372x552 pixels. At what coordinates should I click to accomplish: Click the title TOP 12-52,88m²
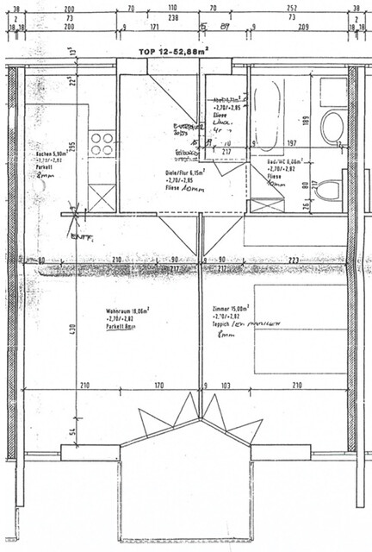click(173, 52)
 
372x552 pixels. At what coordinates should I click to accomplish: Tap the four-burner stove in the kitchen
click(102, 142)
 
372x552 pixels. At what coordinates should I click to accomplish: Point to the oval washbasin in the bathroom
click(332, 126)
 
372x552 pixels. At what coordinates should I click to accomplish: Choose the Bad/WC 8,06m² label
click(283, 160)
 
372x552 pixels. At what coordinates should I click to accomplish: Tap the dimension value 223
click(293, 260)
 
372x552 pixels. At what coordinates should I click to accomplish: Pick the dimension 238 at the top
click(173, 16)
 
